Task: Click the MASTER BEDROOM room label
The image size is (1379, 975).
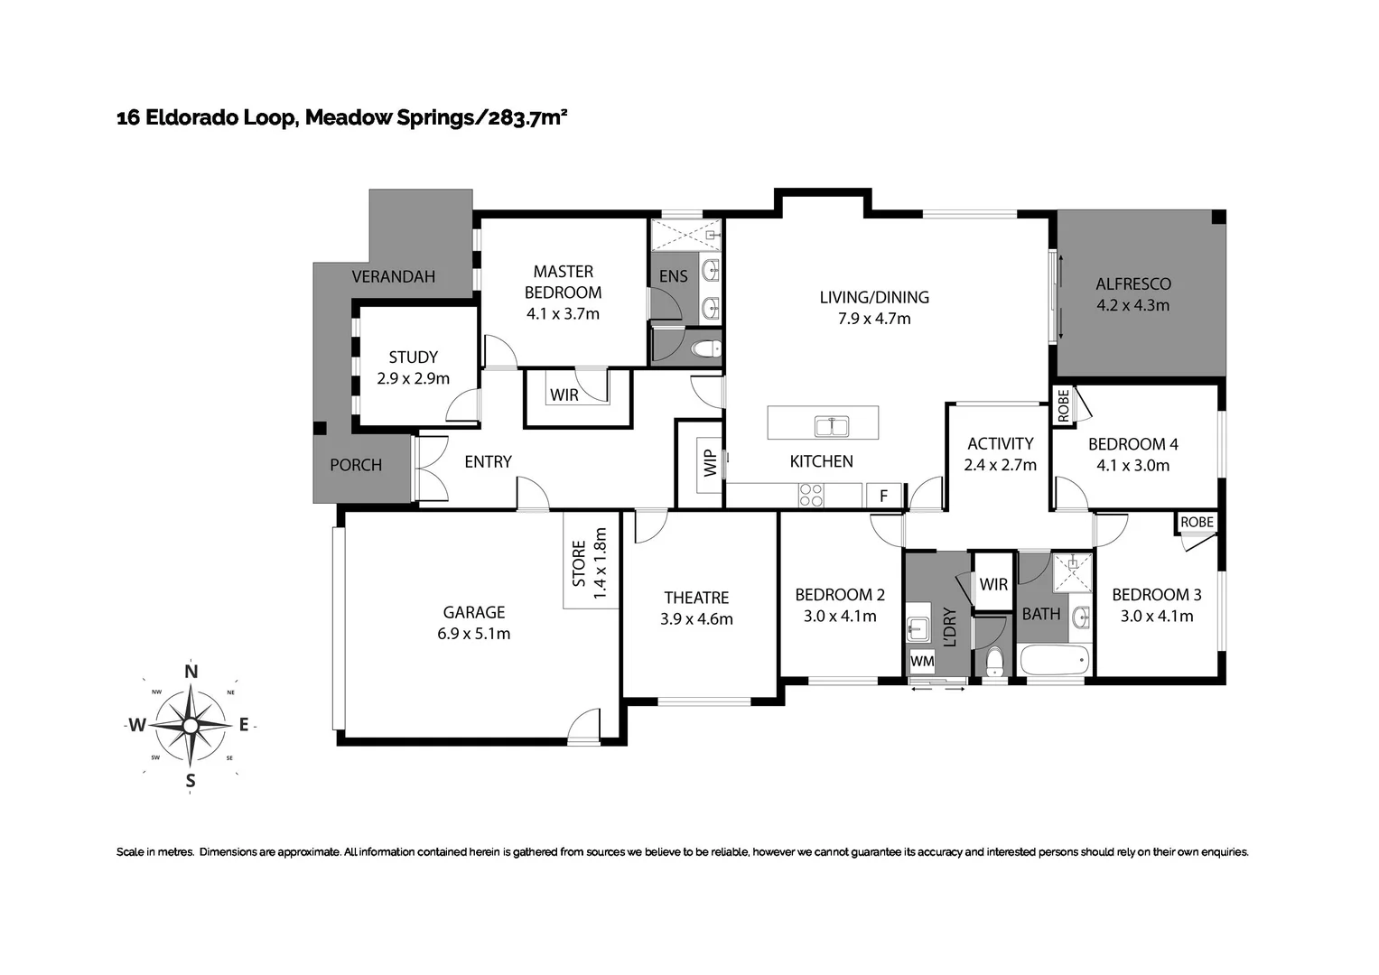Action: point(563,282)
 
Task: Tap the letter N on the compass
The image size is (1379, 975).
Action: point(191,671)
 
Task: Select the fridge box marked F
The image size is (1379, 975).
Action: point(883,496)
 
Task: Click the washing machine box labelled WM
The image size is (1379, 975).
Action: point(922,661)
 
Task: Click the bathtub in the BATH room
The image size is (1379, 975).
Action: point(1053,660)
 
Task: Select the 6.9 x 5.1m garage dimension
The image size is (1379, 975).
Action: point(473,634)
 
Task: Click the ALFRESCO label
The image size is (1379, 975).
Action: point(1132,283)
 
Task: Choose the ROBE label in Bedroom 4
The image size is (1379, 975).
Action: point(1063,405)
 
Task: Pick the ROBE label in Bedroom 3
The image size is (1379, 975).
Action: point(1197,522)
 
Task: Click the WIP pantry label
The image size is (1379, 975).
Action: point(710,463)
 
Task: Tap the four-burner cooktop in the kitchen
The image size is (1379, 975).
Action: point(810,495)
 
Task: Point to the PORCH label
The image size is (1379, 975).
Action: point(356,465)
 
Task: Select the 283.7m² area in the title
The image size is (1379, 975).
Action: point(528,117)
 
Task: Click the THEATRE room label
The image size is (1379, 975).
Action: point(696,598)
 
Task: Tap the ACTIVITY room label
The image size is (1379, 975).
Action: point(1000,443)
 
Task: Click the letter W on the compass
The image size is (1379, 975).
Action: point(136,725)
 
